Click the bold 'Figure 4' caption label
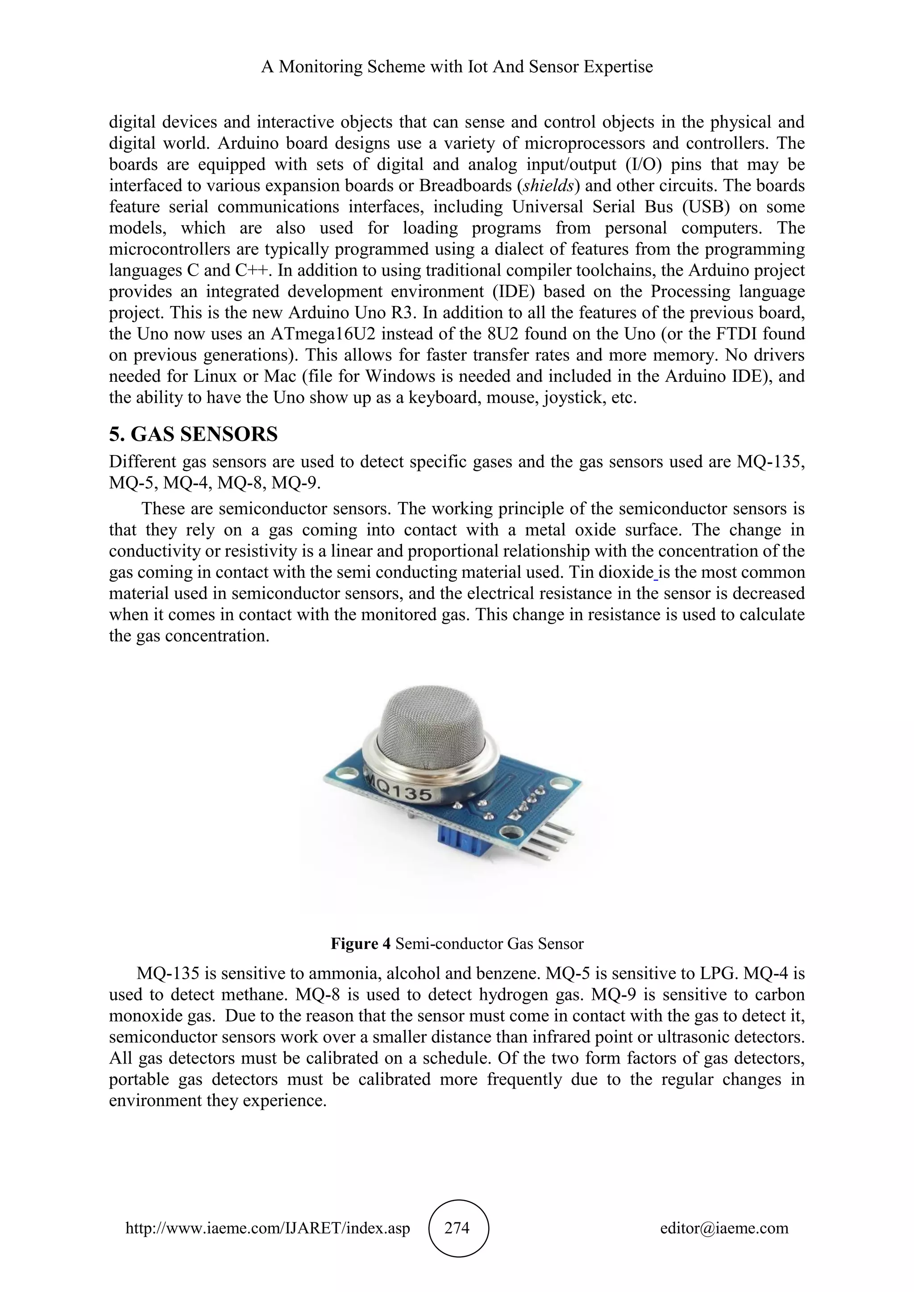[x=360, y=944]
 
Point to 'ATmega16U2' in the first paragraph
[x=319, y=334]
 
